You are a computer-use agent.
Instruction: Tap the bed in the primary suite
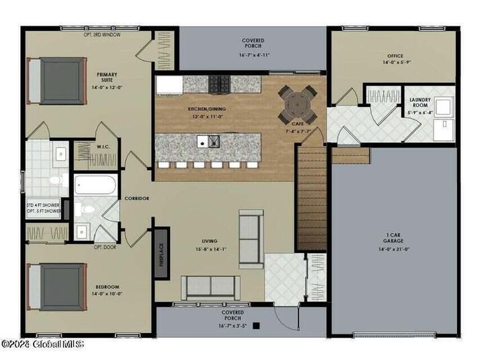click(56, 79)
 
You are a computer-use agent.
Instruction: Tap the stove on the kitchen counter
click(220, 84)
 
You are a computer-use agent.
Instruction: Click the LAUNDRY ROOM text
click(419, 103)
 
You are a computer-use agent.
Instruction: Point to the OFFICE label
click(395, 57)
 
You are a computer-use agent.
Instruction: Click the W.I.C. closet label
click(103, 147)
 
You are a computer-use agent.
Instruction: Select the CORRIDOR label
click(136, 199)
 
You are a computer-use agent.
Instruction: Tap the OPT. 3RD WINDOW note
click(102, 34)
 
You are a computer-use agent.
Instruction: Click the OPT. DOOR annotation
click(104, 247)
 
